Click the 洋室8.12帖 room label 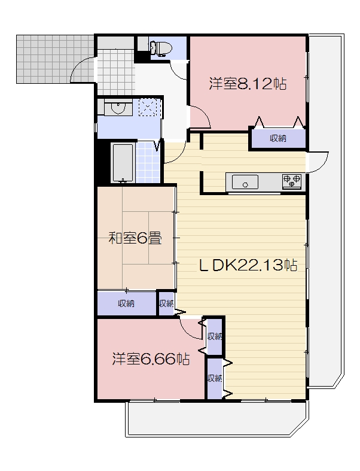tap(247, 84)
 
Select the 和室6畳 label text tap(135, 239)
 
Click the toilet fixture tap(160, 47)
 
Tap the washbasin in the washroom tap(117, 108)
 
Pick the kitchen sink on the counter tap(244, 181)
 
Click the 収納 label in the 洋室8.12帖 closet tap(277, 138)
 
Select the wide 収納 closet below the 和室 tap(126, 303)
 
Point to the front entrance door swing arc tap(83, 69)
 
